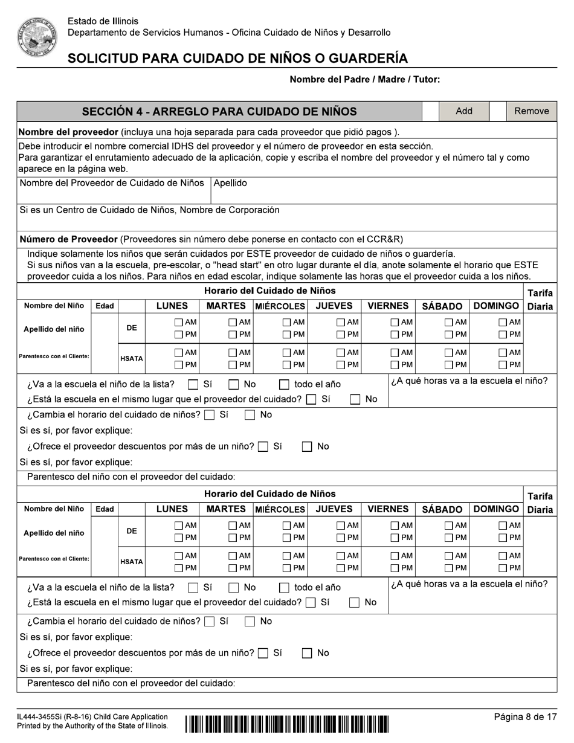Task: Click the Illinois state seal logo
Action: [36, 37]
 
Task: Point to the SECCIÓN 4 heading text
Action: [219, 112]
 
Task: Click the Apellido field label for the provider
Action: [230, 184]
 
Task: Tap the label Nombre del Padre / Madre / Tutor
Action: [365, 79]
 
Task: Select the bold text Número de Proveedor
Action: [69, 239]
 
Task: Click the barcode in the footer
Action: [287, 722]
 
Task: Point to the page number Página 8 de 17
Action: [525, 717]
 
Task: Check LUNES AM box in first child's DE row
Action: [179, 323]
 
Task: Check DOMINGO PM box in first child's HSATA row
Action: [503, 364]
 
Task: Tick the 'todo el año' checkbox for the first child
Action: [284, 384]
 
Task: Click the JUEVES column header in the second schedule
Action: [334, 509]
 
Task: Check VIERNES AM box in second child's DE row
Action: [395, 526]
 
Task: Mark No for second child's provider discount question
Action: [307, 652]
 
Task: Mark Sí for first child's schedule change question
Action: [210, 415]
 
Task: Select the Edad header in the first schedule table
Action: [104, 306]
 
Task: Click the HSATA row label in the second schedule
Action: [131, 562]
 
